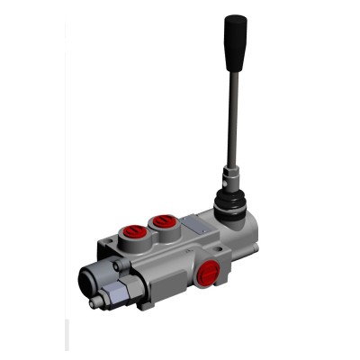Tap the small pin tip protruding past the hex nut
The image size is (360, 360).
click(x=95, y=303)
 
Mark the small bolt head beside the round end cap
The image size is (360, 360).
click(x=121, y=266)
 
